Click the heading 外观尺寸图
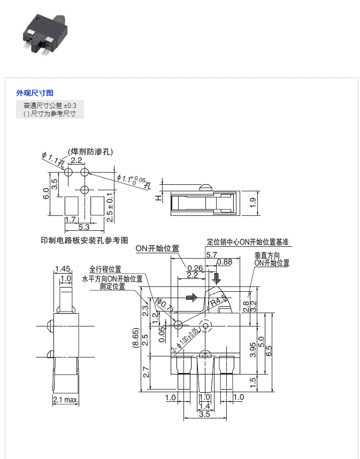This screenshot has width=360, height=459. coord(35,93)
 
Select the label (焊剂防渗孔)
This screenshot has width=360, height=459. coord(89,152)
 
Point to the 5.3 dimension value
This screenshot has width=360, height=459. coord(83,228)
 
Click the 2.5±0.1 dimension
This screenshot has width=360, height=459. coord(110,207)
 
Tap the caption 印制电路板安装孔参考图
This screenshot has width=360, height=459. coord(85,240)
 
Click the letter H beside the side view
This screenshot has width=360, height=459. coord(158,198)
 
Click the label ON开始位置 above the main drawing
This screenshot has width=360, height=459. coord(157,249)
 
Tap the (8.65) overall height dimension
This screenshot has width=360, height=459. coord(136,338)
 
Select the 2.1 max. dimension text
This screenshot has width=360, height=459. coord(66,400)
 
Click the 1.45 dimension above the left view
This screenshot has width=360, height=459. coord(63,269)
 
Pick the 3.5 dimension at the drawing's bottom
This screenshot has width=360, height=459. coord(204,414)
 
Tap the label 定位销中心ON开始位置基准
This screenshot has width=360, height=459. coord(248,242)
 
